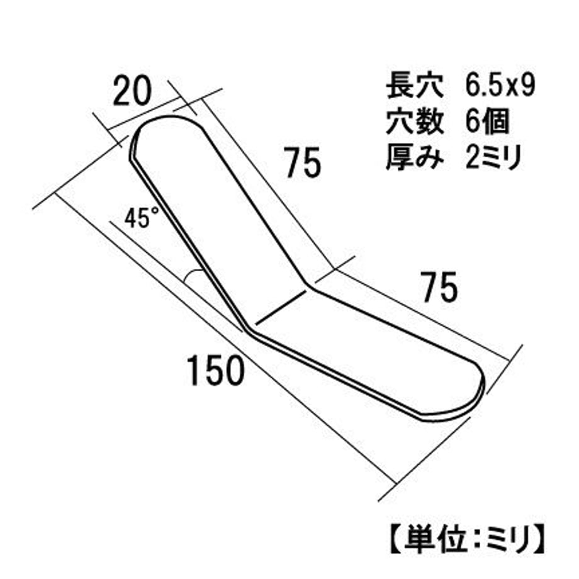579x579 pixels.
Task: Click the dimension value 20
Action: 132,91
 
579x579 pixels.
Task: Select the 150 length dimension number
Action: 216,370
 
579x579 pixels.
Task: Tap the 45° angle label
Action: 142,218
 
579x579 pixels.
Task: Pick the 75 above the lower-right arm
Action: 440,287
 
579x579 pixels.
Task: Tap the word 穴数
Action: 415,122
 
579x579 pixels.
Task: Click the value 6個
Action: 487,122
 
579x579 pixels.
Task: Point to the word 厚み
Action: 415,157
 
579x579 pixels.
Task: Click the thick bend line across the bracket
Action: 281,307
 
